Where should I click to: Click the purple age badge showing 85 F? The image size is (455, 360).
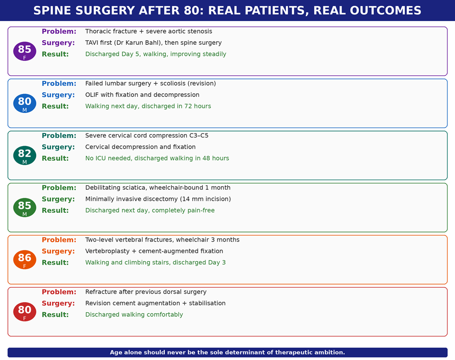25,51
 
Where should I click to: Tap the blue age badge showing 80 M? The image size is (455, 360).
25,103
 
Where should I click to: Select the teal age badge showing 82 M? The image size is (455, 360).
25,156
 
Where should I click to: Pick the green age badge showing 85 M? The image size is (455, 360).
25,207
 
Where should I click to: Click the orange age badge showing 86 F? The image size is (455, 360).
25,260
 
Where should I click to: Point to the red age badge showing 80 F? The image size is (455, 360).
25,312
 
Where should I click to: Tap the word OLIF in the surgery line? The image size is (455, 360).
92,95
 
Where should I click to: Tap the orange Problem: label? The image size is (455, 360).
59,240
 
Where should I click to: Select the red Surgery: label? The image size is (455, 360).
58,303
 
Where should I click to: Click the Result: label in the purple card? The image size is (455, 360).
55,54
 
